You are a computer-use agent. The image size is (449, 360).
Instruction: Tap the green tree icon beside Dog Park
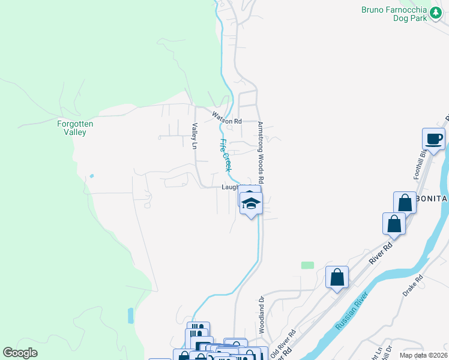click(435, 18)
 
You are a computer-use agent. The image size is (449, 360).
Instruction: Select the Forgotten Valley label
click(75, 128)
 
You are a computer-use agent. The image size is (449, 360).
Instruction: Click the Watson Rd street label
click(226, 121)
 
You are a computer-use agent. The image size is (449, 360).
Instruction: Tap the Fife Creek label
click(224, 154)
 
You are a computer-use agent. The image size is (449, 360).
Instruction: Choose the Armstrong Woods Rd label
click(261, 152)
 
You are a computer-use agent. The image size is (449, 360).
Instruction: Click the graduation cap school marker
click(251, 203)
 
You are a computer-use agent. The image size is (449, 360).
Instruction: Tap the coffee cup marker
click(433, 139)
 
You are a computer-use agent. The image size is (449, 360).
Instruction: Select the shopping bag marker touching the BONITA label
click(405, 203)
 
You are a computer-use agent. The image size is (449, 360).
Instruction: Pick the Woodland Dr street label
click(262, 315)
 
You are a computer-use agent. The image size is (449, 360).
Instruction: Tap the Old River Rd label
click(283, 344)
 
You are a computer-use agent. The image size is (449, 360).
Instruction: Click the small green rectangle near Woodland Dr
click(307, 265)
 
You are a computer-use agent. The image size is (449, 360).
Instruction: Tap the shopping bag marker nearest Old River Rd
click(337, 277)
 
